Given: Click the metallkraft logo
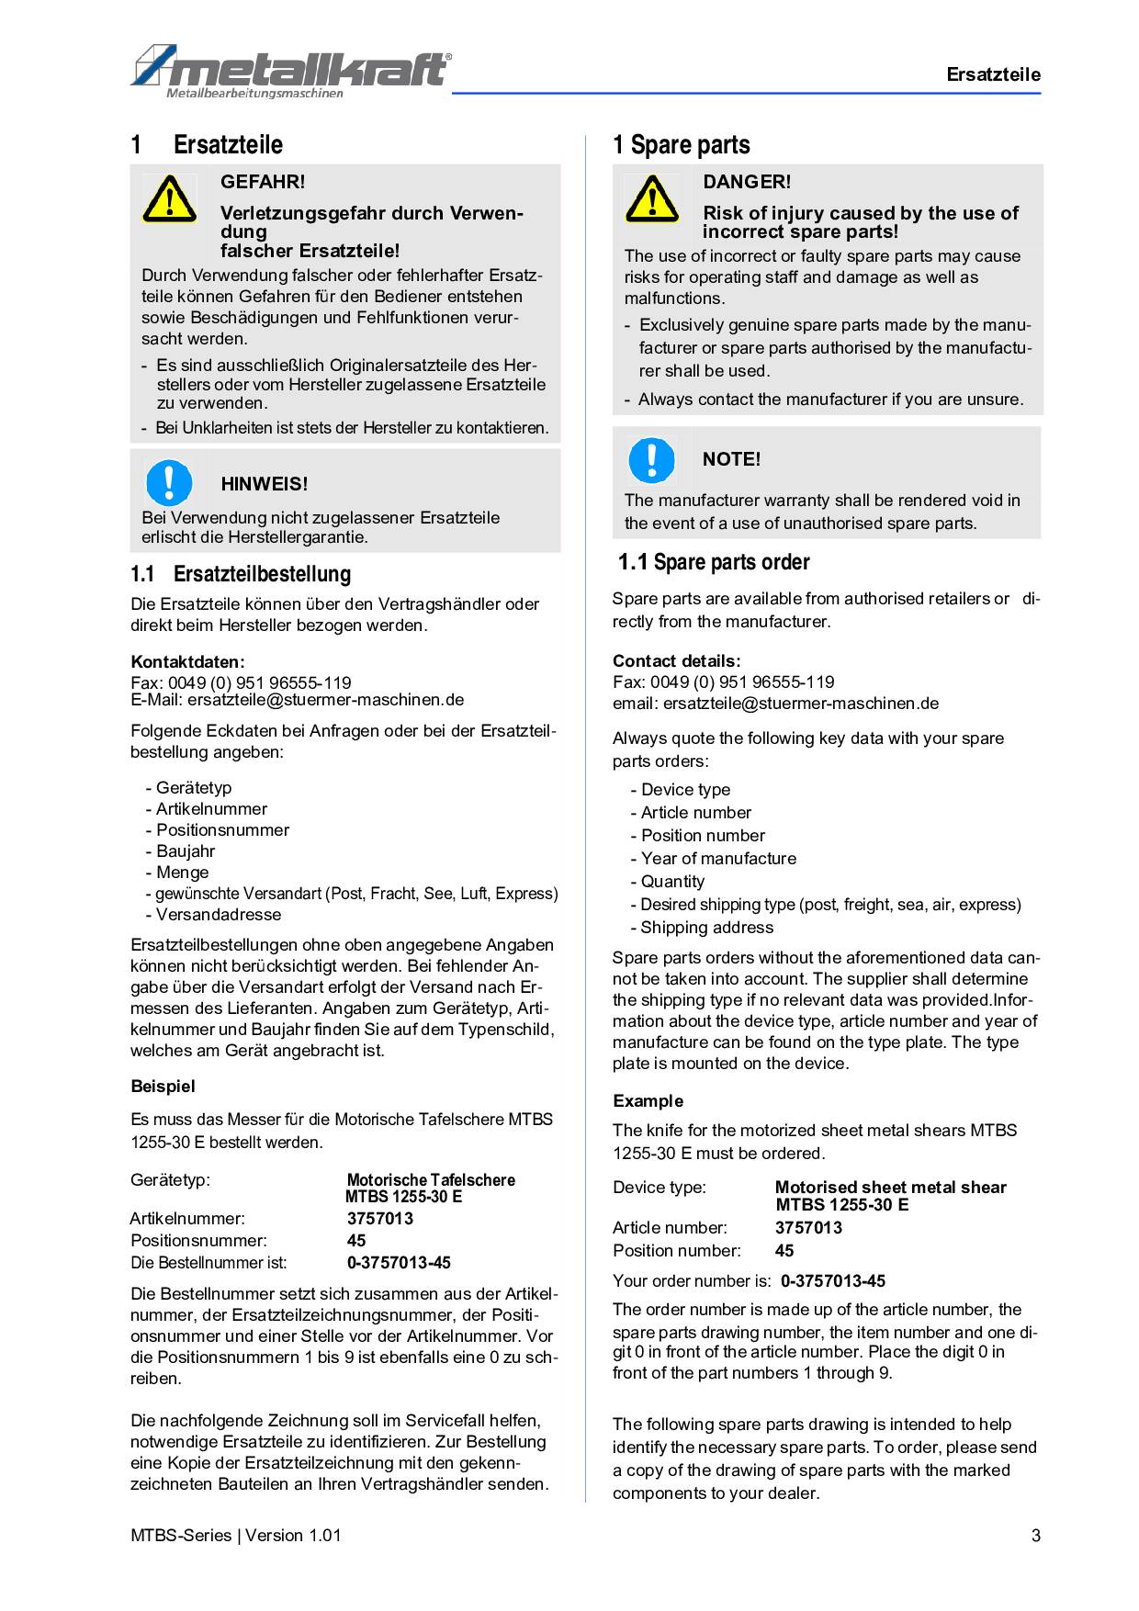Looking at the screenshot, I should click(x=291, y=70).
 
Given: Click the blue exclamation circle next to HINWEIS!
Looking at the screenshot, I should click(x=169, y=483).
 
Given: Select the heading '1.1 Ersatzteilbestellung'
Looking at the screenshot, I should click(x=241, y=574).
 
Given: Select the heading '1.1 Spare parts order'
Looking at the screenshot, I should click(x=714, y=562).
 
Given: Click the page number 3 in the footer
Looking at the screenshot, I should click(x=1036, y=1536).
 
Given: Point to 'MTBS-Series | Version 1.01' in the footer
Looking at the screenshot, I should click(x=236, y=1536).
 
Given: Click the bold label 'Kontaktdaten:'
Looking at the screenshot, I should click(x=187, y=661).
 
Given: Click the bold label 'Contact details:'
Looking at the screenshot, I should click(x=676, y=660).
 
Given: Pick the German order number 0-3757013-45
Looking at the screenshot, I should click(x=399, y=1263).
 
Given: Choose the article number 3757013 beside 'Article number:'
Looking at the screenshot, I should click(x=808, y=1228).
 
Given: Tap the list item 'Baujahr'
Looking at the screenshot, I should click(x=185, y=851).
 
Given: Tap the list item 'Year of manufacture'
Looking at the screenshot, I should click(x=718, y=859).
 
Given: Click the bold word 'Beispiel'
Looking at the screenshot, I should click(x=163, y=1087).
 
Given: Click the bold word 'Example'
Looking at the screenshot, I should click(x=648, y=1100).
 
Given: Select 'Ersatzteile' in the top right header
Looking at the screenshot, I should click(x=994, y=75).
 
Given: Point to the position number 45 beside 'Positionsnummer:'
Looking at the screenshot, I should click(x=356, y=1241).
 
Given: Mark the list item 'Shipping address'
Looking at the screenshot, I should click(x=706, y=928).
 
